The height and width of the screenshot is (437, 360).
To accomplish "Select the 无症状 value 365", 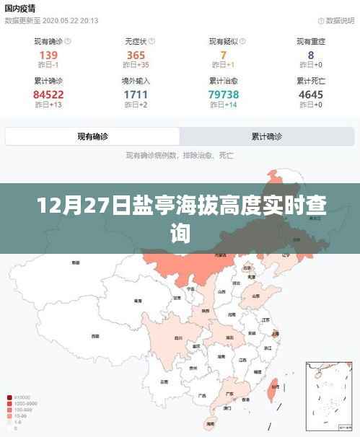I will click(x=136, y=55).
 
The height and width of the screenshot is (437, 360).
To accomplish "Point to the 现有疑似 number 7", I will click(x=224, y=55).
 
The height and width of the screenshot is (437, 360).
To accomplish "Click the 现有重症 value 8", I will click(x=311, y=55).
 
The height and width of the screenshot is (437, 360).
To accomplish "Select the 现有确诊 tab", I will click(x=93, y=136).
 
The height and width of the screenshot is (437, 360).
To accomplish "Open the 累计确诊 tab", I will click(x=266, y=136).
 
